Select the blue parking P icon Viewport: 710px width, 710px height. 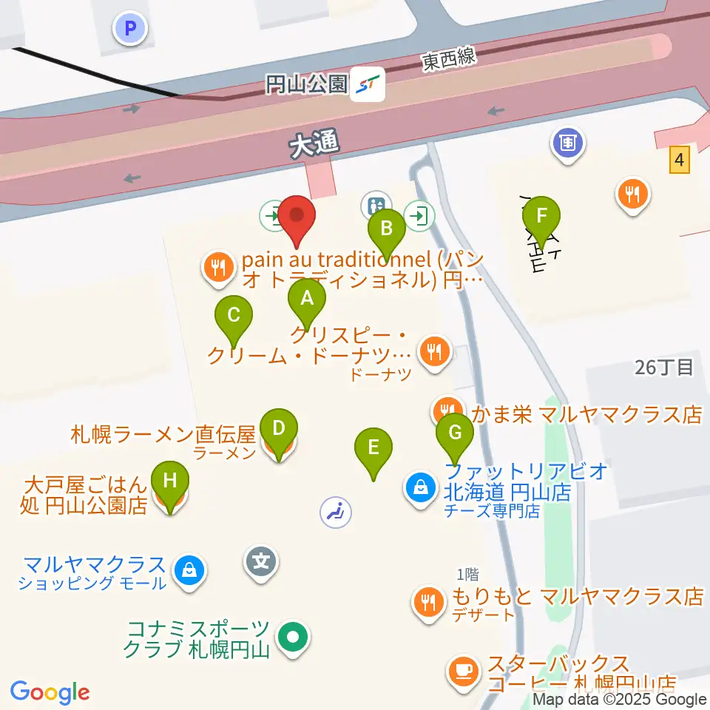[131, 30]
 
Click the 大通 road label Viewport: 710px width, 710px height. [314, 145]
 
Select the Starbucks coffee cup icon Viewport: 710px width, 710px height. [464, 670]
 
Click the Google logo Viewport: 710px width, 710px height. [50, 692]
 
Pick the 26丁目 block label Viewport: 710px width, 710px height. [664, 367]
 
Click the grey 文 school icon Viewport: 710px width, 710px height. [261, 561]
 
